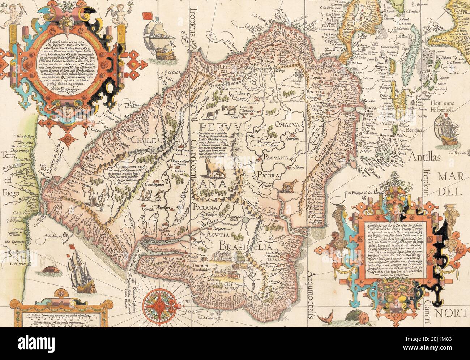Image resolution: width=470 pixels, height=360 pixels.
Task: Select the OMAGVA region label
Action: (288, 125)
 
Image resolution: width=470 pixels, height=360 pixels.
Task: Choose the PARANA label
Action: (204, 207)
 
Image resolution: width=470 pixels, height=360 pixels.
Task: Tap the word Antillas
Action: (425, 157)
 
